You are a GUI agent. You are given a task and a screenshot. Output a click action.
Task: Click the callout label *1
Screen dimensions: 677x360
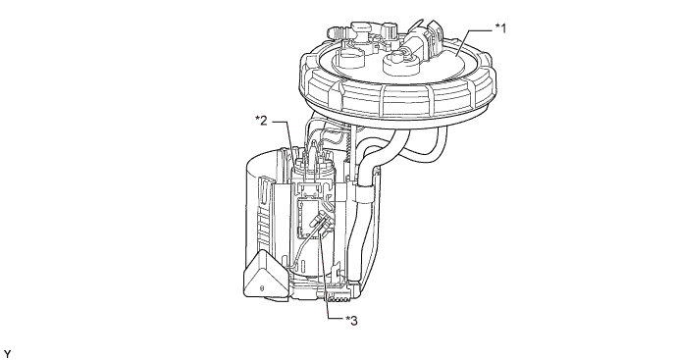pyautogui.click(x=500, y=28)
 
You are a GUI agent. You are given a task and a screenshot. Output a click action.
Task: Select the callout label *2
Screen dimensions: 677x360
pyautogui.click(x=261, y=121)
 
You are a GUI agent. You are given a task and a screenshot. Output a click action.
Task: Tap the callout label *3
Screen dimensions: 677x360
pyautogui.click(x=351, y=321)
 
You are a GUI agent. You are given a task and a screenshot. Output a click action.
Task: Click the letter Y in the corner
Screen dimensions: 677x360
pyautogui.click(x=7, y=354)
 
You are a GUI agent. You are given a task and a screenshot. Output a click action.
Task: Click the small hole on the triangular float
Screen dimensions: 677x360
pyautogui.click(x=261, y=288)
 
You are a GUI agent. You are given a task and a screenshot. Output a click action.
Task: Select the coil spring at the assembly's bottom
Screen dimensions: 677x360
pyautogui.click(x=338, y=299)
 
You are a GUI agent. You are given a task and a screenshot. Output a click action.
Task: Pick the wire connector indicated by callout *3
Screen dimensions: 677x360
pyautogui.click(x=321, y=223)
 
